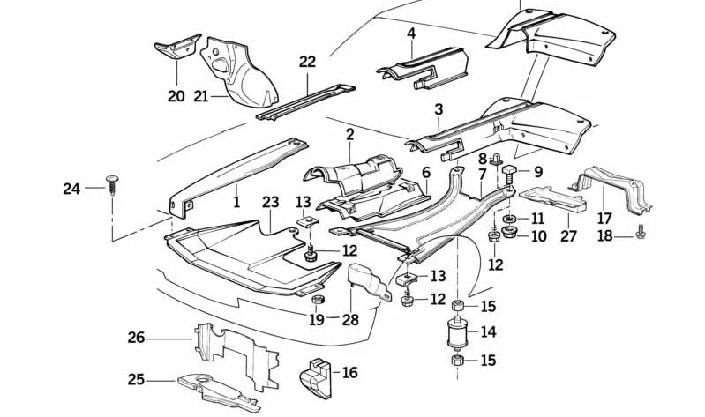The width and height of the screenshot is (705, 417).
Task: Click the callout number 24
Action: (71, 188)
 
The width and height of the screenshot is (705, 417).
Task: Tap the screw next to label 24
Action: (111, 185)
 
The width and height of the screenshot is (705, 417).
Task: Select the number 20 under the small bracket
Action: (176, 96)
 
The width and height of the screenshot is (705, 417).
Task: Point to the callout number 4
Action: (411, 34)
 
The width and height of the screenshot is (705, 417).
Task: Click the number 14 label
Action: (488, 333)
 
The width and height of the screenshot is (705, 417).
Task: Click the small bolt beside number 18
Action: (641, 235)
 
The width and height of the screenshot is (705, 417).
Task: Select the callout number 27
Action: (568, 236)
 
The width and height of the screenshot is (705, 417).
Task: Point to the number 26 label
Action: (136, 337)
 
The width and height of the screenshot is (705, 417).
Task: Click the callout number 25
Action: (136, 380)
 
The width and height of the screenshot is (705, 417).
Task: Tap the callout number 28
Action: (351, 319)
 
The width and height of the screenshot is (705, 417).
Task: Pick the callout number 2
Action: (350, 135)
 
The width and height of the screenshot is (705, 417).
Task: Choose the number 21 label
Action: (200, 95)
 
